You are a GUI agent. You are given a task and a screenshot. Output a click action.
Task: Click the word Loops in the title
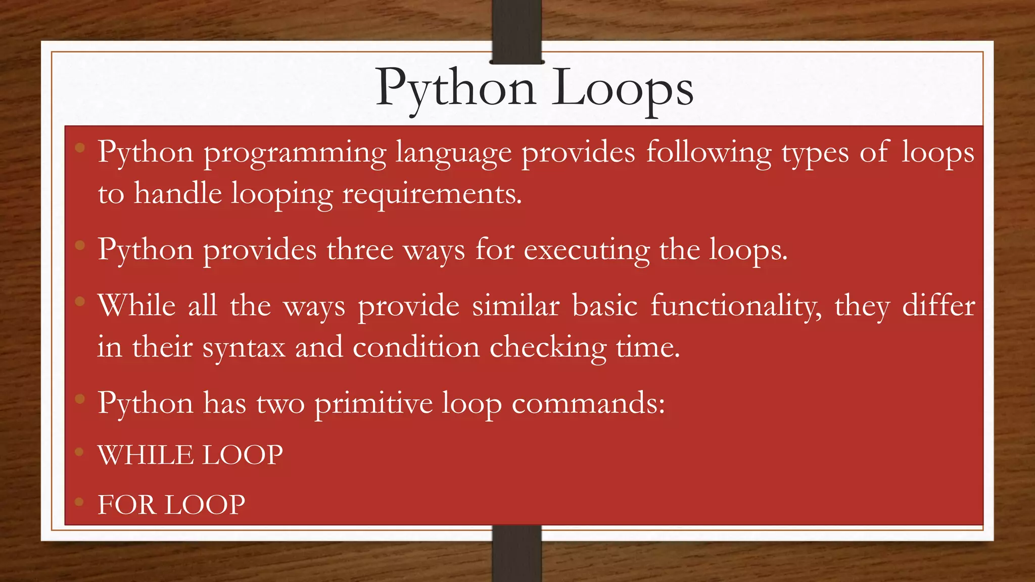point(622,89)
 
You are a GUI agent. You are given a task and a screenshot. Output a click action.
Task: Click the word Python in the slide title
point(455,89)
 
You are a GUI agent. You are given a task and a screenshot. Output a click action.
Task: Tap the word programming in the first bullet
point(295,153)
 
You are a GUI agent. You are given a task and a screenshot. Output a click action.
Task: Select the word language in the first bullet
point(453,153)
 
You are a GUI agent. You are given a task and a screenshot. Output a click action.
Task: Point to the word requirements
point(432,195)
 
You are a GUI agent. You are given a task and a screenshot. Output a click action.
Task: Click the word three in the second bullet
point(360,250)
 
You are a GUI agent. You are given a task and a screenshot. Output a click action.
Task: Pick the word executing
point(587,251)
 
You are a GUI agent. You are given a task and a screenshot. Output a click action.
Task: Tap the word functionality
point(736,306)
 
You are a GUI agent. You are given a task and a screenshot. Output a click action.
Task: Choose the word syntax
point(244,348)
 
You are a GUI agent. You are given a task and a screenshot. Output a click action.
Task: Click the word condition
point(416,348)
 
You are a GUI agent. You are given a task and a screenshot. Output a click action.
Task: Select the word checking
point(548,348)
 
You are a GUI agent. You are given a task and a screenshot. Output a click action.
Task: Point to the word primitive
point(373,404)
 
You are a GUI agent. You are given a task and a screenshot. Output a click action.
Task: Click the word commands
point(588,404)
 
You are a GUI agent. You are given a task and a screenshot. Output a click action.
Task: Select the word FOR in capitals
point(127,505)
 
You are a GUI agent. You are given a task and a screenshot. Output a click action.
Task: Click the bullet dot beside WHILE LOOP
point(79,452)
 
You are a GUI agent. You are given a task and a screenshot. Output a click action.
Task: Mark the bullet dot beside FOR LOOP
point(79,502)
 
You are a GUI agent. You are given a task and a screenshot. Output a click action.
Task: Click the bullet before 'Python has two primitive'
point(79,399)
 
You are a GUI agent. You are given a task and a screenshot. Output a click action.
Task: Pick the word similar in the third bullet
point(515,306)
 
